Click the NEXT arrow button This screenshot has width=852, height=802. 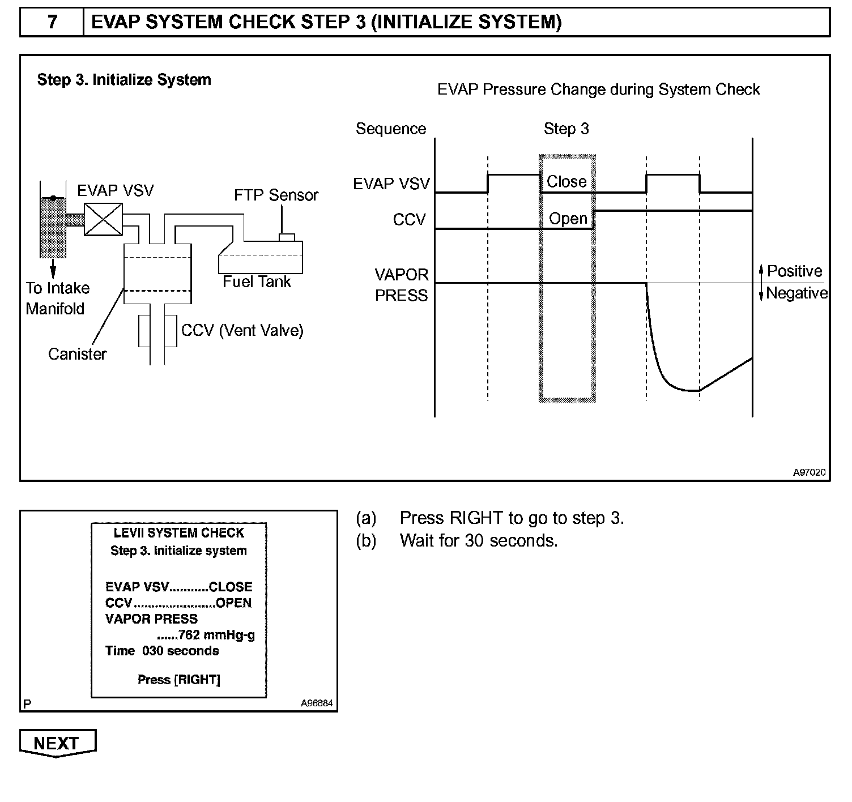(x=57, y=743)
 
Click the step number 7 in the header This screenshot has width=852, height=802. (x=52, y=22)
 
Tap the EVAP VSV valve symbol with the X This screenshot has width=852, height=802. (x=103, y=220)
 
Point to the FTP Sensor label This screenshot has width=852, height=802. (x=276, y=195)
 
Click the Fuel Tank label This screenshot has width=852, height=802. (x=257, y=281)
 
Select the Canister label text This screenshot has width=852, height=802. (x=77, y=354)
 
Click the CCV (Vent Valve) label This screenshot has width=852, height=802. (x=242, y=330)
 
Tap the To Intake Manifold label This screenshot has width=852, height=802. (x=57, y=298)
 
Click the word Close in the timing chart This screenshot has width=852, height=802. (x=566, y=182)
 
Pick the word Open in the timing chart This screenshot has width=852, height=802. (x=568, y=219)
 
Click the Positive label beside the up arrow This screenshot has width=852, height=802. (x=794, y=271)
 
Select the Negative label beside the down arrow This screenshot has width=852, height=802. (x=796, y=293)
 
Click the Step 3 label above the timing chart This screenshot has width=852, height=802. (x=566, y=129)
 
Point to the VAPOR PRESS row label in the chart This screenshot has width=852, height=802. (x=401, y=285)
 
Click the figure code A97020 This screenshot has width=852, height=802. (x=809, y=472)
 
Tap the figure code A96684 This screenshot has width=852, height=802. (x=317, y=703)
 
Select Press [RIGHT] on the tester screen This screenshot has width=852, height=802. (x=179, y=680)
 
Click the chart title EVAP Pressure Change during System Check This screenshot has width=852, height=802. (x=598, y=89)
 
